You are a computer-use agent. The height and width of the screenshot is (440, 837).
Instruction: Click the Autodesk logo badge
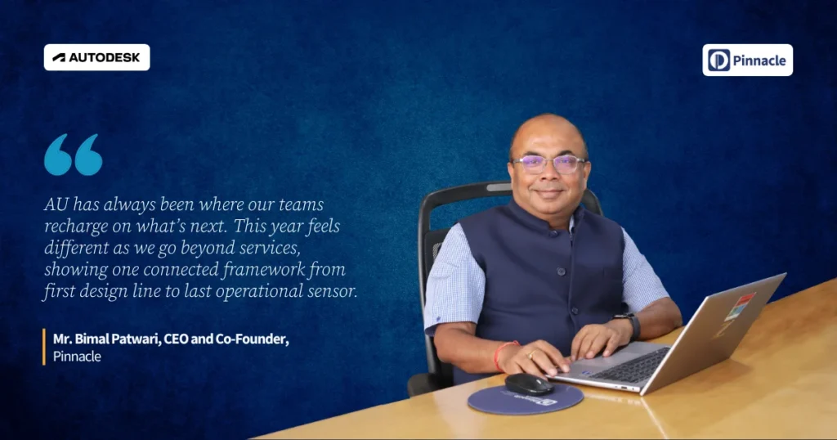tap(96, 57)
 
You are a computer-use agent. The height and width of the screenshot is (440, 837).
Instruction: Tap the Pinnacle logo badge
tap(747, 60)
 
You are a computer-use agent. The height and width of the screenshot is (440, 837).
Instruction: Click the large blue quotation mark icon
tap(73, 155)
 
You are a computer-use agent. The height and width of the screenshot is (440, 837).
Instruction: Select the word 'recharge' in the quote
tap(69, 227)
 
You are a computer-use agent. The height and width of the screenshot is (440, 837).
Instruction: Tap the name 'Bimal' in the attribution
tap(91, 339)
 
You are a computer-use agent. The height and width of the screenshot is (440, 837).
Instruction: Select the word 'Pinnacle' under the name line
tap(77, 356)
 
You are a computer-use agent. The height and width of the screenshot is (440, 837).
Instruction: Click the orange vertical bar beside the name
tap(44, 347)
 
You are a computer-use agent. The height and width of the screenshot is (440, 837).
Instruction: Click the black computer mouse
tap(529, 384)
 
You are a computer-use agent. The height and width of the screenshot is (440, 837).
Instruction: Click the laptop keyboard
tap(630, 365)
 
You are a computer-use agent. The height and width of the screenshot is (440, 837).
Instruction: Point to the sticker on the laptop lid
tap(739, 307)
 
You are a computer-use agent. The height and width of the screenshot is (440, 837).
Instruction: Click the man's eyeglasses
tap(549, 164)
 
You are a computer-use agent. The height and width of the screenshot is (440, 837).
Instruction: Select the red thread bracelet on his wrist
tap(501, 356)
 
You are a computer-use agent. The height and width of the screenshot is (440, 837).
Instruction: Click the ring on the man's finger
tap(532, 354)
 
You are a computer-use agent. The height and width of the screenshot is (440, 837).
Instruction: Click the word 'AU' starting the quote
tap(56, 204)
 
